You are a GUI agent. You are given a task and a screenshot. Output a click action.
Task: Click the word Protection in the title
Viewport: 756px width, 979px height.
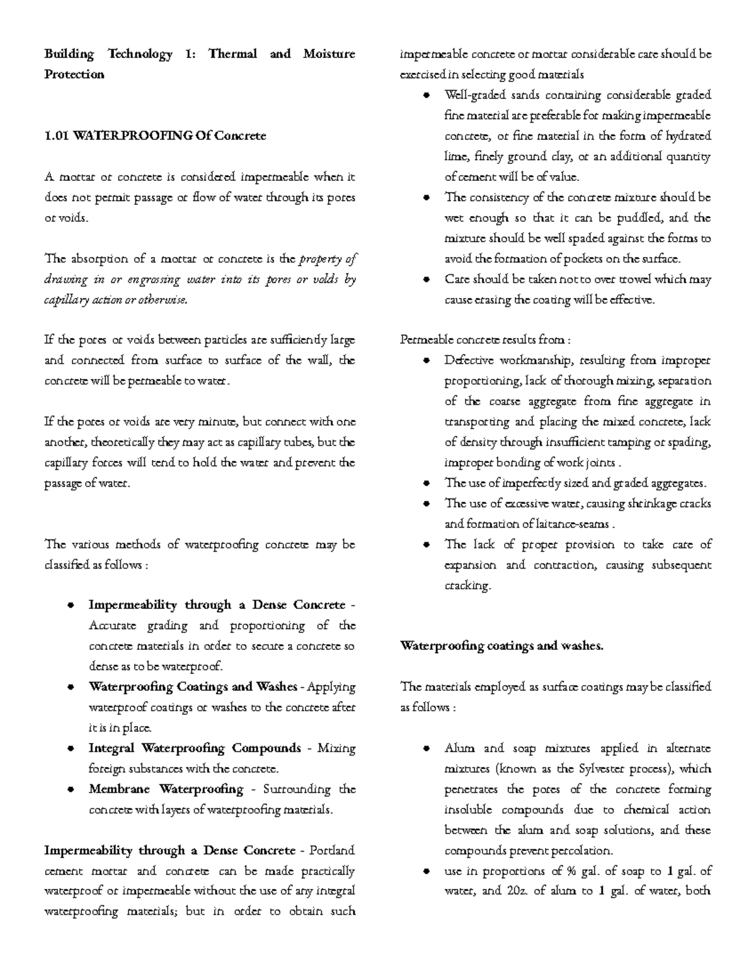tap(74, 74)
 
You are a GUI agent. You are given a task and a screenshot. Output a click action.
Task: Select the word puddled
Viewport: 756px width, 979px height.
tap(638, 218)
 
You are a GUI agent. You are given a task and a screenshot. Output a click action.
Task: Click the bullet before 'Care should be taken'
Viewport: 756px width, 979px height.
tap(427, 279)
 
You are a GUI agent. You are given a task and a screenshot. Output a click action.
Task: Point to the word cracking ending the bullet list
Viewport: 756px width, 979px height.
tap(466, 586)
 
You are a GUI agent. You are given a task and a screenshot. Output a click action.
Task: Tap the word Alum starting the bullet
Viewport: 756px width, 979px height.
tap(459, 748)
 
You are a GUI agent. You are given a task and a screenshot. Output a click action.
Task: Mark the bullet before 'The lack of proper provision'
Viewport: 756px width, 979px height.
tap(427, 545)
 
